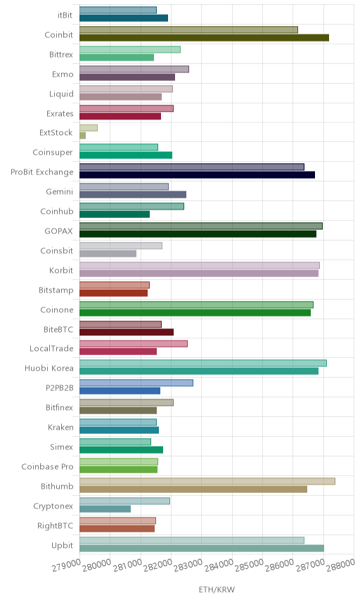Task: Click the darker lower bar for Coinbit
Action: [204, 38]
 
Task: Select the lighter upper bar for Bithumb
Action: [207, 481]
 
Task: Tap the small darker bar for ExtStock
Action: [82, 136]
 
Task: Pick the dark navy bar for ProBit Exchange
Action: [198, 174]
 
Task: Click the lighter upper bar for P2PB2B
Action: [136, 383]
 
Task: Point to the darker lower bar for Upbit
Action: [202, 549]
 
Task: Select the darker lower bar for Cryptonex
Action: [105, 508]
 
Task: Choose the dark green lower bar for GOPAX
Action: [198, 233]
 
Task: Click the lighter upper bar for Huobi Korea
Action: [203, 363]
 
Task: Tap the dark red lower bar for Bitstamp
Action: [114, 293]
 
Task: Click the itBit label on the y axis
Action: [65, 15]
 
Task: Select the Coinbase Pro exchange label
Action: [47, 466]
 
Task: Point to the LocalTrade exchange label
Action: [51, 348]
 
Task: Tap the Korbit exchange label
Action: [61, 270]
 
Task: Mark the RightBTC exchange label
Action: [55, 525]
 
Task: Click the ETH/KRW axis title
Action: [217, 589]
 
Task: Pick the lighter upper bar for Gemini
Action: [124, 186]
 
